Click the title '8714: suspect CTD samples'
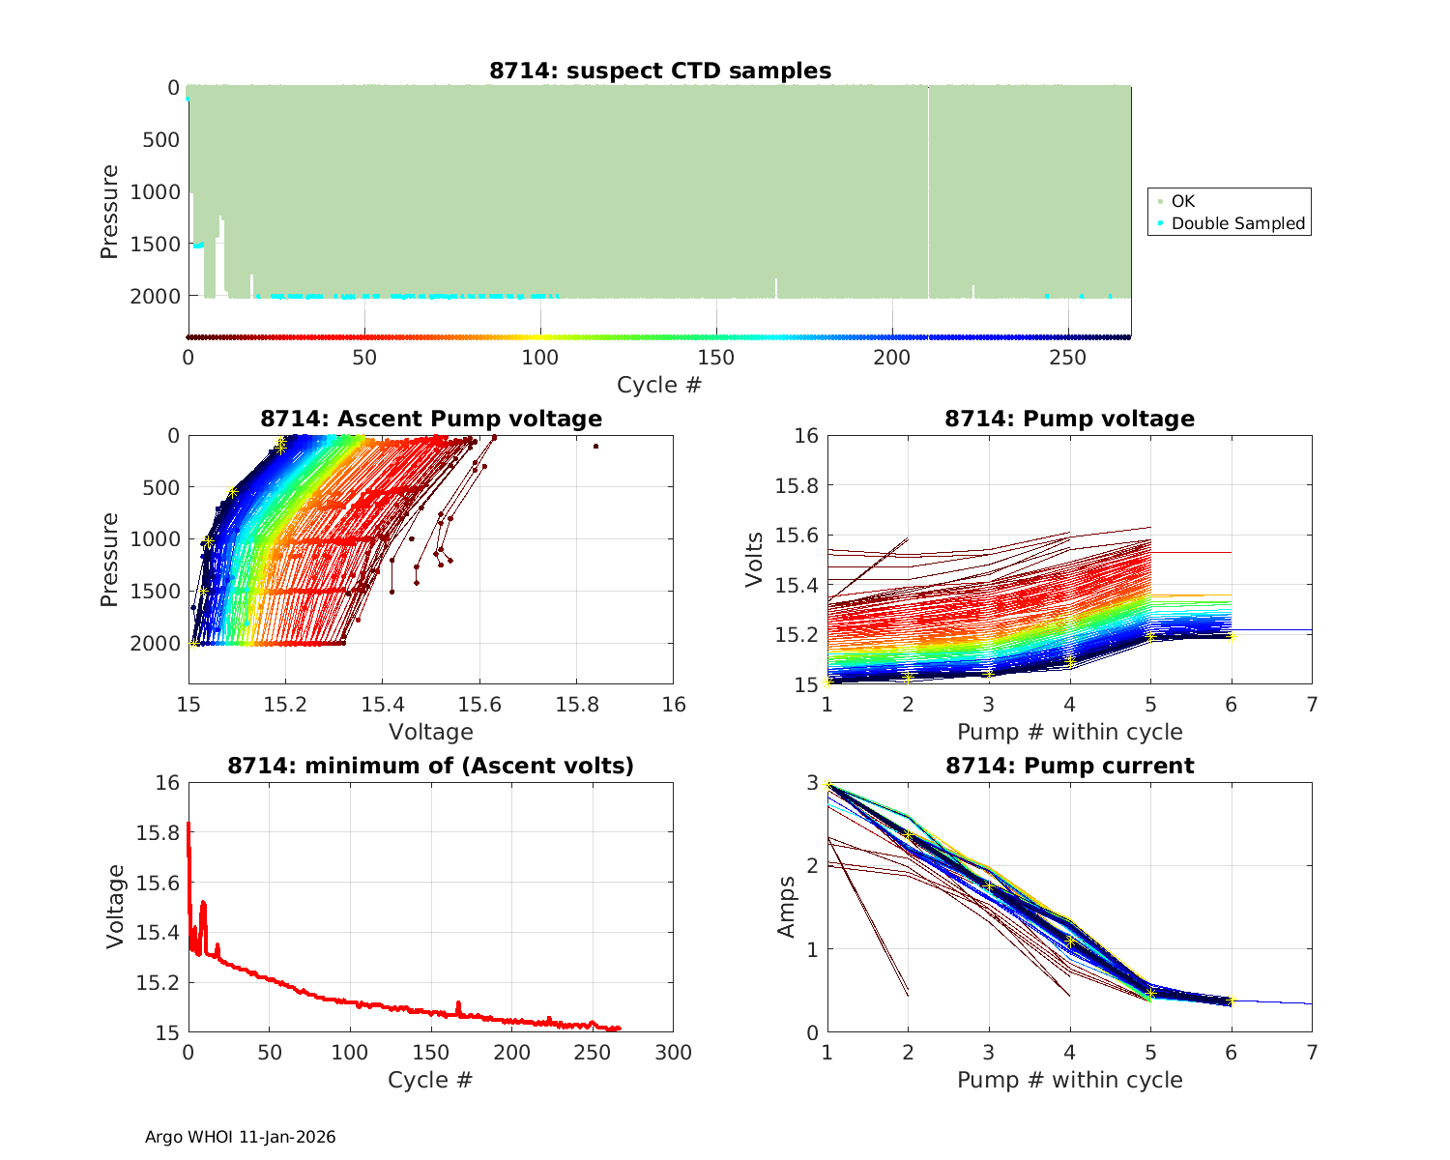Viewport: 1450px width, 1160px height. pyautogui.click(x=660, y=71)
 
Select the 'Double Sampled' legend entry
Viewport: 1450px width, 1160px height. pyautogui.click(x=1237, y=223)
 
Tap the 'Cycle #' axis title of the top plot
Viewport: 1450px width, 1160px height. pyautogui.click(x=659, y=385)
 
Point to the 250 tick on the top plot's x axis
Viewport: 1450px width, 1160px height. pyautogui.click(x=1068, y=358)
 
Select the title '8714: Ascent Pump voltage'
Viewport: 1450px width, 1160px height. pyautogui.click(x=431, y=419)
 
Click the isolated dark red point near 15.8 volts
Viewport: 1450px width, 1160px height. pyautogui.click(x=595, y=446)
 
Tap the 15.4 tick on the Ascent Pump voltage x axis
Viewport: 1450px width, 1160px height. pyautogui.click(x=382, y=705)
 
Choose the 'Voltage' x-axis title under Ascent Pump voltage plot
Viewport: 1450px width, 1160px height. pyautogui.click(x=431, y=732)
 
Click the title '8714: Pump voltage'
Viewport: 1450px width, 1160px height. pyautogui.click(x=1069, y=419)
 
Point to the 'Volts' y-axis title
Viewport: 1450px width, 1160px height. pyautogui.click(x=755, y=561)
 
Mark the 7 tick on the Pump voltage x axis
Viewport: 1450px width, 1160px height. pyautogui.click(x=1312, y=705)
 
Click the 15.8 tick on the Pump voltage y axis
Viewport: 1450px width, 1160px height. pyautogui.click(x=797, y=485)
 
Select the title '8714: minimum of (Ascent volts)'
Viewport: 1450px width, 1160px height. pyautogui.click(x=431, y=766)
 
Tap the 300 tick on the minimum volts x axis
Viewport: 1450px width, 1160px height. pyautogui.click(x=673, y=1053)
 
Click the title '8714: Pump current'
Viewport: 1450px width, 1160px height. pyautogui.click(x=1069, y=766)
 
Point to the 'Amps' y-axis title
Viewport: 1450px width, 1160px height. pyautogui.click(x=788, y=907)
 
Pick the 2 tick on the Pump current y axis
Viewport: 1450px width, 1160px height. pyautogui.click(x=811, y=865)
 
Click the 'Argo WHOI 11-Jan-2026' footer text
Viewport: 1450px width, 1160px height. pyautogui.click(x=241, y=1137)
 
